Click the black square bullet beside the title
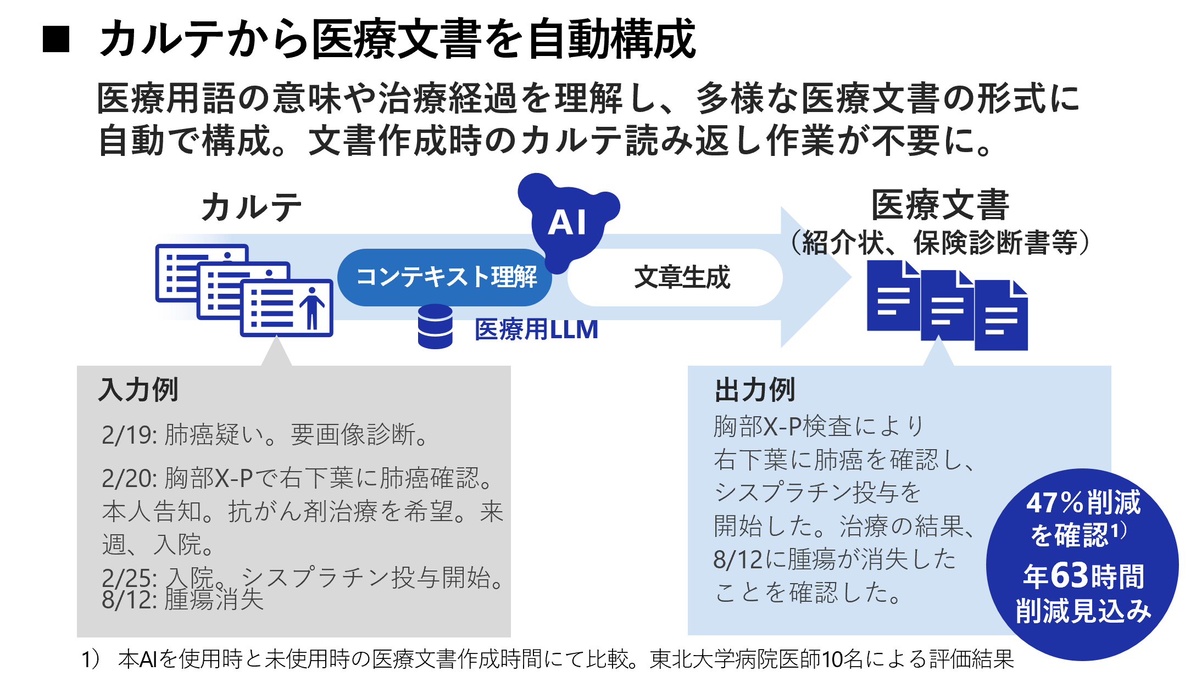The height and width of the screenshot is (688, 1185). point(56,40)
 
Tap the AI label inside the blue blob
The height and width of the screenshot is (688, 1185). point(567,223)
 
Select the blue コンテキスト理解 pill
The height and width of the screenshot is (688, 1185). point(444,277)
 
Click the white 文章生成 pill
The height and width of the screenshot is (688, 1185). point(675,277)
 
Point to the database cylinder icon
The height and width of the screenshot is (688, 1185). point(435,326)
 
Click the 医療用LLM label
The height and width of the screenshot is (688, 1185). point(536,329)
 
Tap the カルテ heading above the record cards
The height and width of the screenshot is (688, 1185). point(252,208)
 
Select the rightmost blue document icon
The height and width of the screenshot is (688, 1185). point(1001,315)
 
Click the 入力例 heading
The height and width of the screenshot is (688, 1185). point(138,390)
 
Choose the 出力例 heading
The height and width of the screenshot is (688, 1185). point(755,390)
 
